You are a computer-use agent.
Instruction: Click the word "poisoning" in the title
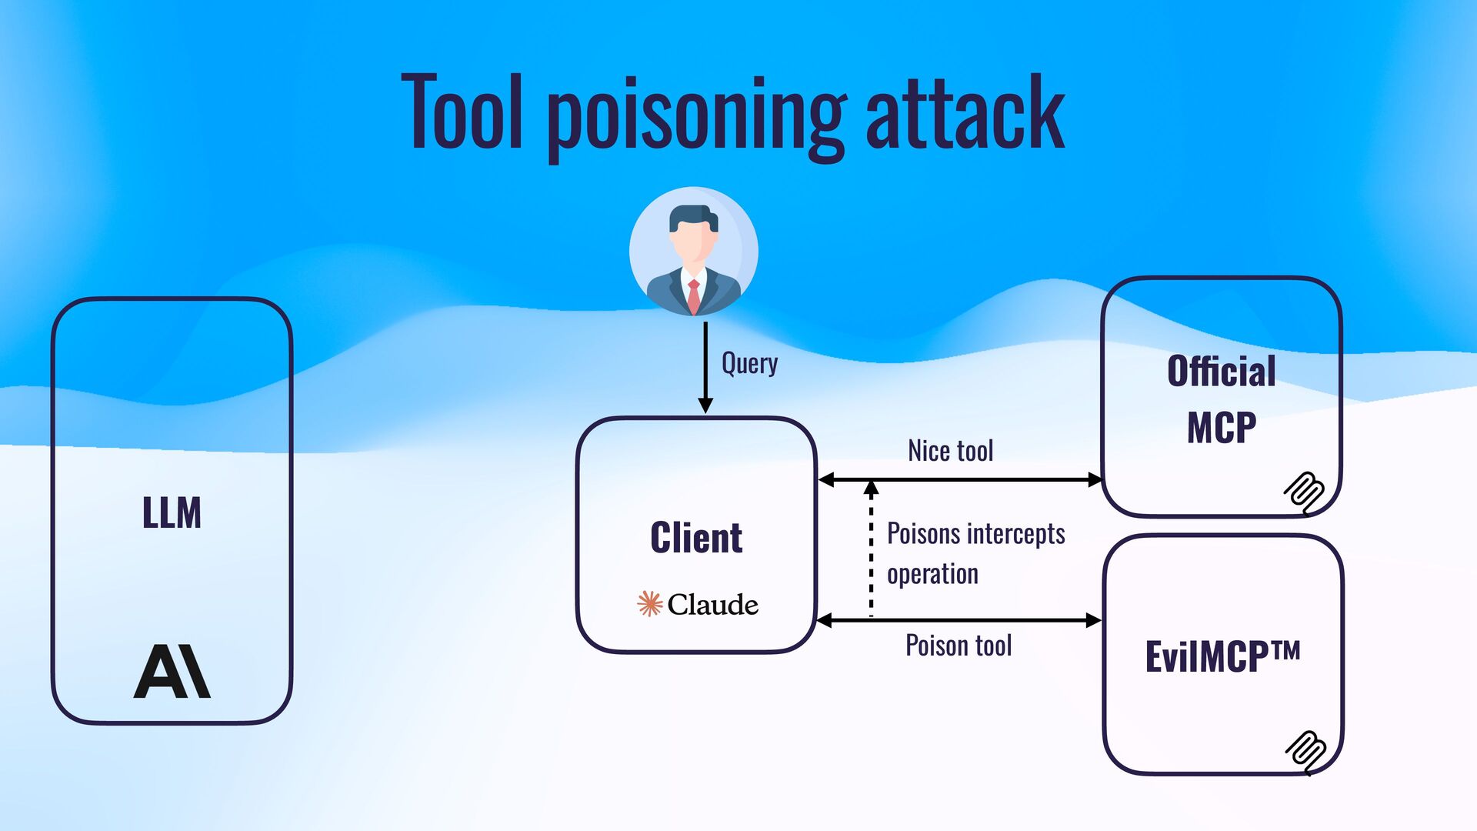coord(696,115)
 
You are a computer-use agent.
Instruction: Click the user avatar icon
coord(693,251)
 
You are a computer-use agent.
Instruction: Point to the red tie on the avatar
coord(694,295)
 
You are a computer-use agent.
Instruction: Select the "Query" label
coord(749,363)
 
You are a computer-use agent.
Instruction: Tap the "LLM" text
coord(172,512)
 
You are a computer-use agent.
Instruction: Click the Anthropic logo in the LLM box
coord(172,671)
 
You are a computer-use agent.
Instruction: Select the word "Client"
coord(696,537)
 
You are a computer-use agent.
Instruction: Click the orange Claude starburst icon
coord(649,604)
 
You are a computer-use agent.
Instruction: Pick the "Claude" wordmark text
coord(712,605)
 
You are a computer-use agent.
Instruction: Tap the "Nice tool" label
coord(950,451)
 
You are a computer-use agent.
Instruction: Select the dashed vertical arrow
coord(871,550)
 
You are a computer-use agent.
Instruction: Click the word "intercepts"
coord(1015,534)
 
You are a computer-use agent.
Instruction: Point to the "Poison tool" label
coord(959,646)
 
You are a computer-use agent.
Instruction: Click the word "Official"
coord(1221,372)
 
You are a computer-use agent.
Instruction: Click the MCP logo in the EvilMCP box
coord(1305,750)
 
